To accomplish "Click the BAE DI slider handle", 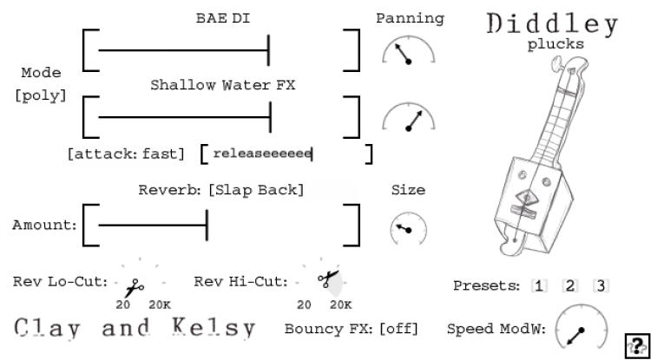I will tap(269, 51).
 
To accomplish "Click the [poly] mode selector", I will tap(41, 95).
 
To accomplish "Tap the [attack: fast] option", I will tap(126, 154).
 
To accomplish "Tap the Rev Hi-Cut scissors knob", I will tap(328, 279).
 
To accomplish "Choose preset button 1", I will tap(540, 286).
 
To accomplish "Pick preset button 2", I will tap(570, 286).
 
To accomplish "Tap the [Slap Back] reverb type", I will tap(256, 189).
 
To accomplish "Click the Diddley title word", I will tap(553, 23).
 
